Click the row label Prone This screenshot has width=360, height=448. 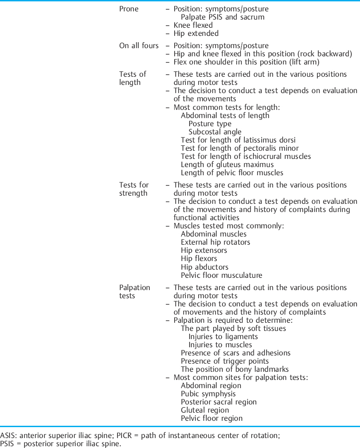[x=129, y=9]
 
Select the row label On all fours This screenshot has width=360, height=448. [x=139, y=46]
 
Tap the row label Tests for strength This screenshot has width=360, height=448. [x=134, y=189]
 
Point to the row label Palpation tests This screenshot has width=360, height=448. [x=134, y=291]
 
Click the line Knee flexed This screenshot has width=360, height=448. [x=193, y=25]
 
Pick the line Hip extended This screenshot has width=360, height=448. [x=196, y=34]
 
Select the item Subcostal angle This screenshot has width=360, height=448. [x=215, y=132]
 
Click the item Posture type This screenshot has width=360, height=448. [x=210, y=123]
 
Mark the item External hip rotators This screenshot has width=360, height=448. [x=215, y=242]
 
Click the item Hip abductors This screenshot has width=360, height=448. [x=204, y=267]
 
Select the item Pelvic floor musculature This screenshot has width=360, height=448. [x=221, y=275]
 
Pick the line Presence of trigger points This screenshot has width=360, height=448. [x=224, y=361]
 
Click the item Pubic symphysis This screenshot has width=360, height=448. [x=208, y=394]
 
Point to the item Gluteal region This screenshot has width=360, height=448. [x=205, y=410]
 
